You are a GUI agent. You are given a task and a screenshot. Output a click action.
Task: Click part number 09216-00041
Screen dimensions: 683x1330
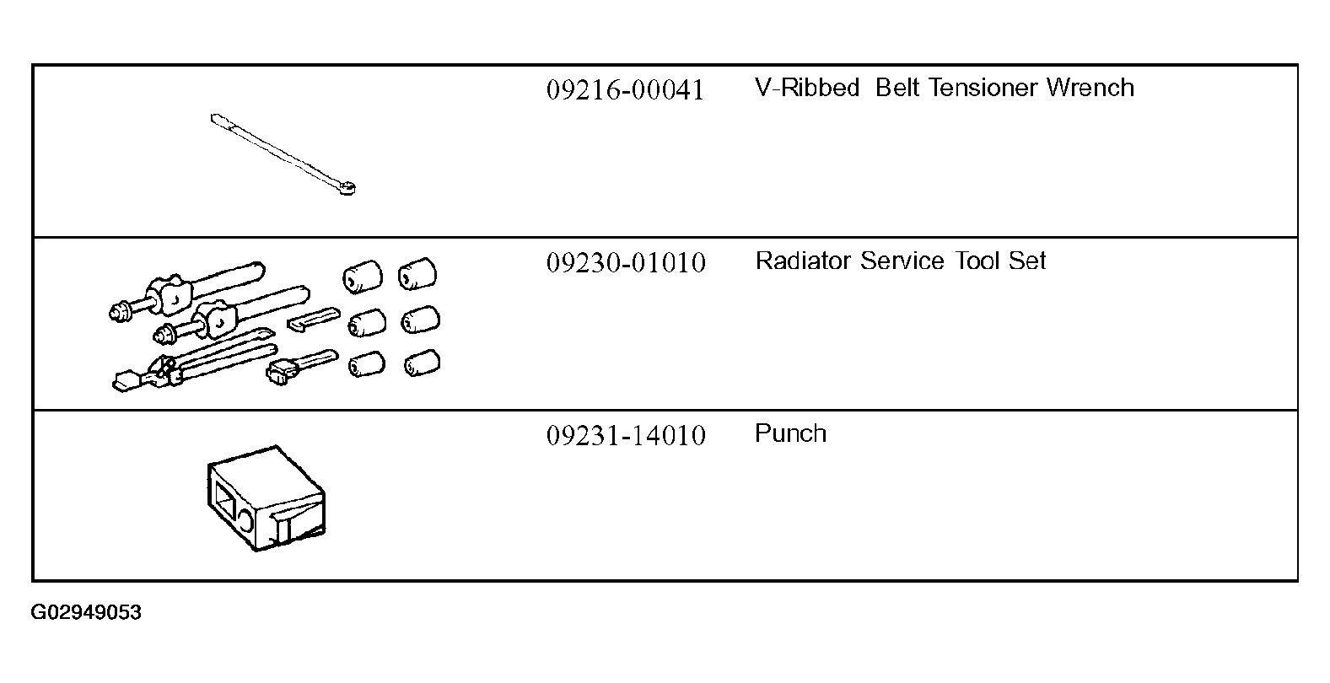click(625, 90)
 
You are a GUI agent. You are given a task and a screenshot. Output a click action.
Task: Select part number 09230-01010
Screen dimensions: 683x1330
click(626, 263)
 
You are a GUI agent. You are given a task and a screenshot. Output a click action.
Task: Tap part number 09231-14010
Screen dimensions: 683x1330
click(626, 436)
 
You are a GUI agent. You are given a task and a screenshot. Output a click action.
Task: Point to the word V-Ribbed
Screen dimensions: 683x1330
click(807, 88)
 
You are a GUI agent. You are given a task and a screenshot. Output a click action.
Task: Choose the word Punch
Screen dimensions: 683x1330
click(790, 433)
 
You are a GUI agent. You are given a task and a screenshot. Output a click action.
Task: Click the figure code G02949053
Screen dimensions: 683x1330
click(86, 613)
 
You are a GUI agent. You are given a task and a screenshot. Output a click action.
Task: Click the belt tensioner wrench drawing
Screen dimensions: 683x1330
click(283, 153)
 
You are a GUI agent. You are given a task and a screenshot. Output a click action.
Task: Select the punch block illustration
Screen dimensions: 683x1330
click(265, 498)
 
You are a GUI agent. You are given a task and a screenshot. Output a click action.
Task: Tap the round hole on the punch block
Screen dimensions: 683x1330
click(246, 517)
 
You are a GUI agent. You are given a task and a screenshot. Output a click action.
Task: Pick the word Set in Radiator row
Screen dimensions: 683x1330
click(1027, 261)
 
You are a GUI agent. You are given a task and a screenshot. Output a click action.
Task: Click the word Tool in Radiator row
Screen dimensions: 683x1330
click(977, 261)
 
